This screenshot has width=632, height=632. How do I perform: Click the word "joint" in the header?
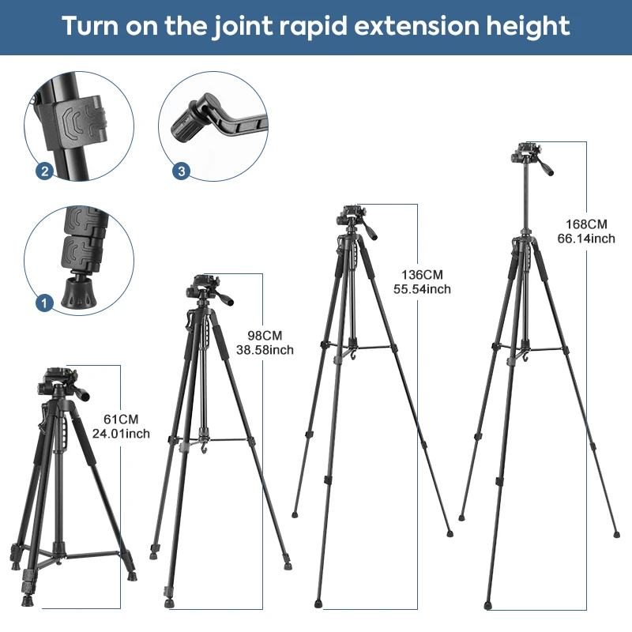(243, 26)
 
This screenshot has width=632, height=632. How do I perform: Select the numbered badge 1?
(44, 303)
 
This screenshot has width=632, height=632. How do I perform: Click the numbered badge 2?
(44, 171)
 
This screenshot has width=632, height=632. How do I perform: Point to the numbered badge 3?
(181, 171)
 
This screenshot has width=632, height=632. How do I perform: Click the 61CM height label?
(121, 419)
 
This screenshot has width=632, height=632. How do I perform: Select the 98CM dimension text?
(265, 335)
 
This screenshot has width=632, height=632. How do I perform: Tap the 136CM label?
(422, 274)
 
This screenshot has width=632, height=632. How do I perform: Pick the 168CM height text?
(586, 224)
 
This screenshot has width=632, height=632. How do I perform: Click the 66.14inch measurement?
(586, 239)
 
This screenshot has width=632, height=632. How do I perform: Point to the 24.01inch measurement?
(121, 434)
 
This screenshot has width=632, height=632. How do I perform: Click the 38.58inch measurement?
(265, 350)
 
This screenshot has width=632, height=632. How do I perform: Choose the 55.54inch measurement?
(422, 289)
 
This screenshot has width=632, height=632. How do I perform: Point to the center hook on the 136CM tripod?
(354, 355)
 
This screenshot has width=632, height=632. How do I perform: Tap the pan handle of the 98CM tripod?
(223, 298)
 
